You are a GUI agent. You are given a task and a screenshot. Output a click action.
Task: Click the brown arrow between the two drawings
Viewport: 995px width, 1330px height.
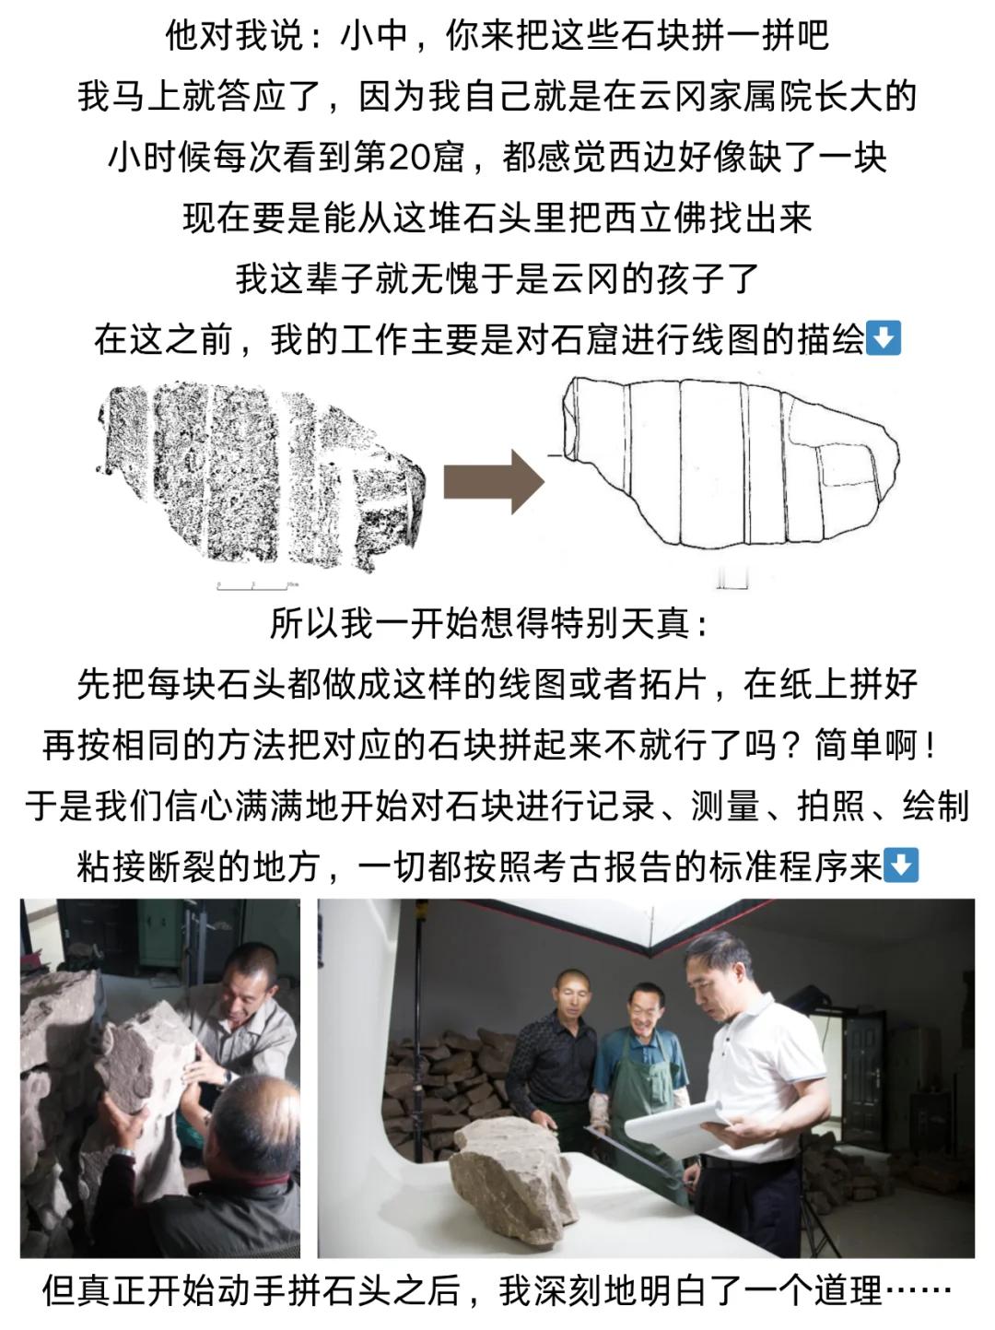[x=494, y=482]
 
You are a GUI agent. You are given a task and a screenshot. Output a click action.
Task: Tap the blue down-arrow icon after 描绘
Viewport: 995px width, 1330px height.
[x=884, y=338]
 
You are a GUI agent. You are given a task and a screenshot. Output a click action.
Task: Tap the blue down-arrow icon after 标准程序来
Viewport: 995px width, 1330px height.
[x=901, y=865]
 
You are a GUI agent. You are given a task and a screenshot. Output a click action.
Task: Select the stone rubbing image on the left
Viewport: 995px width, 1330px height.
[x=261, y=477]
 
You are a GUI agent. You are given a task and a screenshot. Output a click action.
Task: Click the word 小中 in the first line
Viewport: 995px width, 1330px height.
[x=373, y=34]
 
